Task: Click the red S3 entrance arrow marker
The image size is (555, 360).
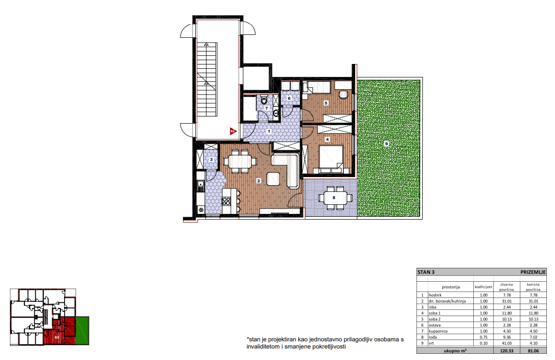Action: click(x=233, y=131)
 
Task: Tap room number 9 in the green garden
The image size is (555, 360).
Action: click(x=386, y=144)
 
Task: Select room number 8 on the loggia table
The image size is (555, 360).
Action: click(x=334, y=198)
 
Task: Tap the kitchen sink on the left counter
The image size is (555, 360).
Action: click(x=201, y=184)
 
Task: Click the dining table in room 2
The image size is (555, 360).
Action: click(x=240, y=161)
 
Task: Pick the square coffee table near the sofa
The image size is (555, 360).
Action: click(x=273, y=179)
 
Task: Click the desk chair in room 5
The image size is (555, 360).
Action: click(x=343, y=95)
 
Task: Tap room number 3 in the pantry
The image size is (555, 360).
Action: click(x=211, y=159)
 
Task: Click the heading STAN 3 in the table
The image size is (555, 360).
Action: click(x=426, y=272)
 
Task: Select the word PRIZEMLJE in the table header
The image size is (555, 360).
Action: click(x=533, y=272)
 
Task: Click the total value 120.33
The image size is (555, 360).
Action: click(x=507, y=351)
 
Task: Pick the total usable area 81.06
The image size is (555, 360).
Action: click(x=534, y=351)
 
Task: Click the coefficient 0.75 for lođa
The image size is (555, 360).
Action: click(x=483, y=338)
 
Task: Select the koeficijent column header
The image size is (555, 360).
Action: click(x=483, y=287)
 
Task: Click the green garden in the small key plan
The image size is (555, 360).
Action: click(x=82, y=330)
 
